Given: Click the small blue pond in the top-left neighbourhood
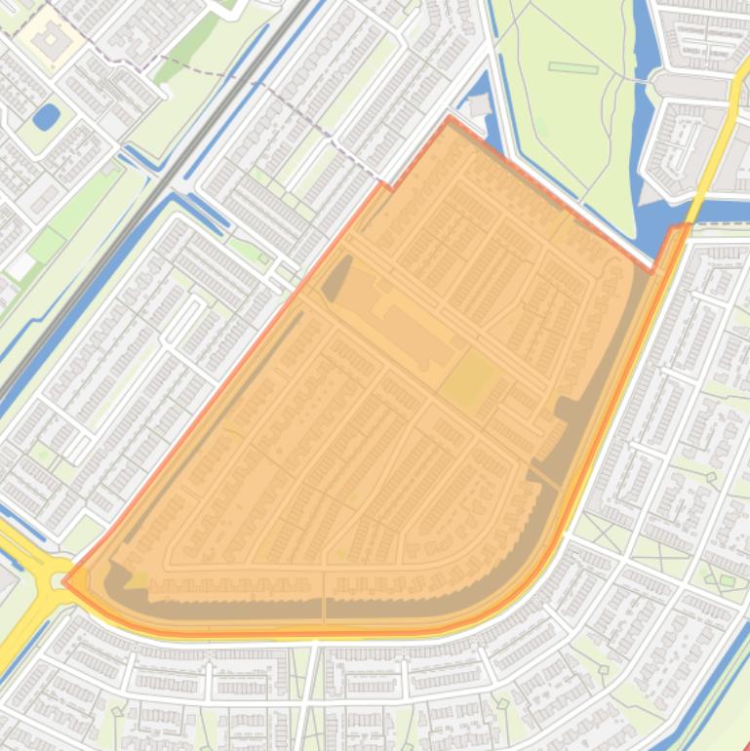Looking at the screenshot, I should (45, 117).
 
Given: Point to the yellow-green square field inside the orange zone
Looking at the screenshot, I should (470, 380).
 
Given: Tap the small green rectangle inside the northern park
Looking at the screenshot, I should (572, 68).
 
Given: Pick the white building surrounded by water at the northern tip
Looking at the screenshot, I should (478, 105).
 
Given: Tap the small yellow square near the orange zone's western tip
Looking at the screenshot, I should (137, 580).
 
